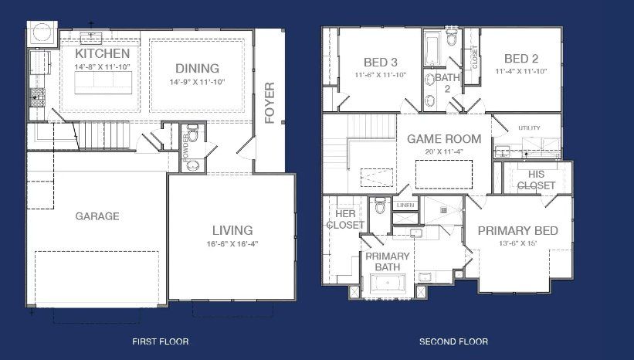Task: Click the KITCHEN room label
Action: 102,54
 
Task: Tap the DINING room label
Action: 197,69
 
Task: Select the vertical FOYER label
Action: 270,103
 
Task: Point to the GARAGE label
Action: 97,216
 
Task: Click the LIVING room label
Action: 232,230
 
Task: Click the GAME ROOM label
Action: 444,139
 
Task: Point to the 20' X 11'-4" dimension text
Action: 444,151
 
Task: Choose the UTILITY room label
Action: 530,128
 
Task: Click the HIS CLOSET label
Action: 536,180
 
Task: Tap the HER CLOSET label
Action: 345,219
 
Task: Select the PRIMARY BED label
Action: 517,230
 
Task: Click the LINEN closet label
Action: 405,205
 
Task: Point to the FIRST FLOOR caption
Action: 161,341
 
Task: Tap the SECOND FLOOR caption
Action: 453,341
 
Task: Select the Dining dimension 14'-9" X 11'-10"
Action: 197,82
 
